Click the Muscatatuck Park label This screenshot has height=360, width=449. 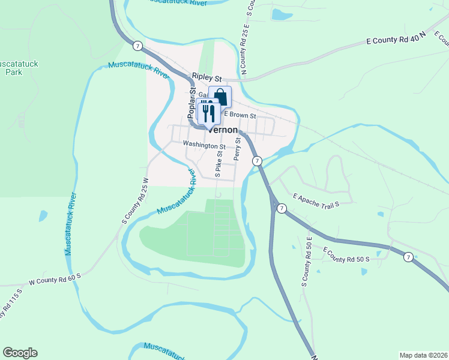tap(17, 67)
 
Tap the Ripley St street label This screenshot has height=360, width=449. tap(207, 78)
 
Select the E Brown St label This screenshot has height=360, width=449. tap(240, 115)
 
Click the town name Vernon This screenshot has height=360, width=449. tap(223, 130)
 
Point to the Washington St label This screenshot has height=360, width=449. tap(204, 145)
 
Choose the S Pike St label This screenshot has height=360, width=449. tap(219, 162)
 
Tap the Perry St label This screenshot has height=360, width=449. tap(238, 149)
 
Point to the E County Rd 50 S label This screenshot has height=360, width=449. tap(354, 255)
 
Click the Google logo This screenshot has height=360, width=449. tap(20, 353)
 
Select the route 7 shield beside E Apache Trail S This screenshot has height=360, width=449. tap(281, 208)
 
